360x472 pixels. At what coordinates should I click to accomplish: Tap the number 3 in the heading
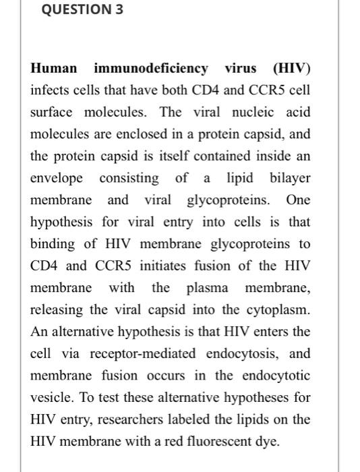click(119, 10)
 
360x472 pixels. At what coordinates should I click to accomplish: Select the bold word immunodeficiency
click(151, 68)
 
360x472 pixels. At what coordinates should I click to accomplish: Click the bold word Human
click(54, 68)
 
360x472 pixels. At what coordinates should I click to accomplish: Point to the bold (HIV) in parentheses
click(292, 68)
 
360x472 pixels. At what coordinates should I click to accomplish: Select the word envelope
click(57, 178)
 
